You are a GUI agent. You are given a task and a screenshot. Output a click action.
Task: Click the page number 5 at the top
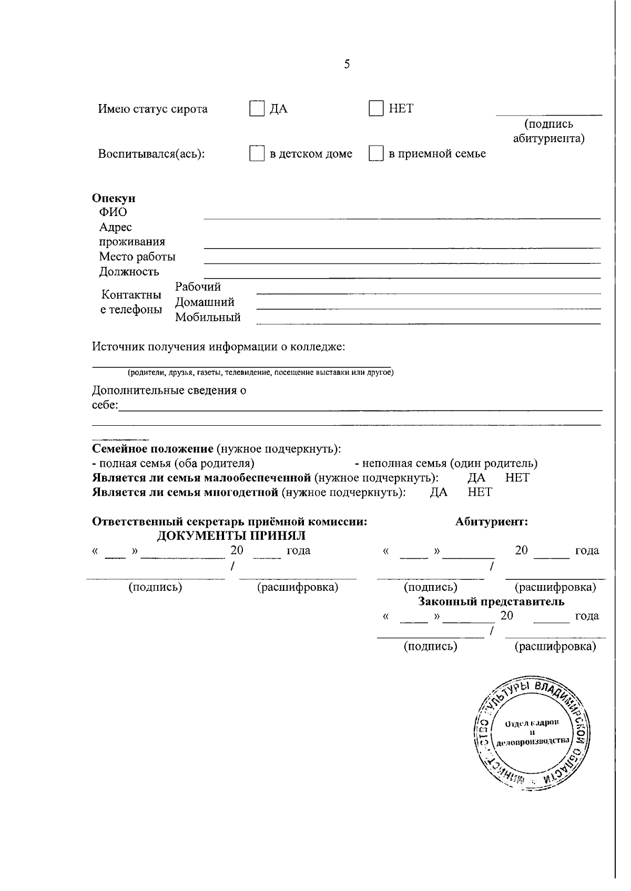[347, 64]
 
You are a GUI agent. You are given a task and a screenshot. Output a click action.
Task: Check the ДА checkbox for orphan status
[257, 108]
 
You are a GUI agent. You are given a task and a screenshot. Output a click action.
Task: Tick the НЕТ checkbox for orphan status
[376, 108]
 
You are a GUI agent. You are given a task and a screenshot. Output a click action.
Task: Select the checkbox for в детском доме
[257, 153]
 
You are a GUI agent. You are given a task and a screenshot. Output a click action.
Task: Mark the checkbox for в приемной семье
[376, 153]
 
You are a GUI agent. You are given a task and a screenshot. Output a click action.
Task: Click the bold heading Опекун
[114, 198]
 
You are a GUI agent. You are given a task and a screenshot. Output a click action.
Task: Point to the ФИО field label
[113, 212]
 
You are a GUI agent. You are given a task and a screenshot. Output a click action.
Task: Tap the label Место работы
[137, 257]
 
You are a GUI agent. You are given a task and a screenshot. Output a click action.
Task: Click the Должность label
[129, 272]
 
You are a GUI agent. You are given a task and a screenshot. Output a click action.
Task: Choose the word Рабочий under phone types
[198, 287]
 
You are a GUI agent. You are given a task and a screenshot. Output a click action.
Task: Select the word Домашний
[205, 302]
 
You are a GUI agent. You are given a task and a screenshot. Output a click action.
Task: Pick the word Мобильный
[208, 318]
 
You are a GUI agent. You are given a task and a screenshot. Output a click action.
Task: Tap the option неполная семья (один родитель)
[446, 464]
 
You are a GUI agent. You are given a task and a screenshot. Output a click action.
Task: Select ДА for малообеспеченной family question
[476, 478]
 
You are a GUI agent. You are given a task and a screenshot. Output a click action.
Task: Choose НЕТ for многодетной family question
[480, 493]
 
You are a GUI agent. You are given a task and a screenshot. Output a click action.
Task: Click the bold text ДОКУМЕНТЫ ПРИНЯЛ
[231, 536]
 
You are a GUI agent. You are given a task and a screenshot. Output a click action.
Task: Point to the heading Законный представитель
[491, 601]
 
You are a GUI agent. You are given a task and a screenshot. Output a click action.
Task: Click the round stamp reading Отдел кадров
[532, 733]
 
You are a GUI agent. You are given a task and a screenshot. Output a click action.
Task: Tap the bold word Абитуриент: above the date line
[492, 522]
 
